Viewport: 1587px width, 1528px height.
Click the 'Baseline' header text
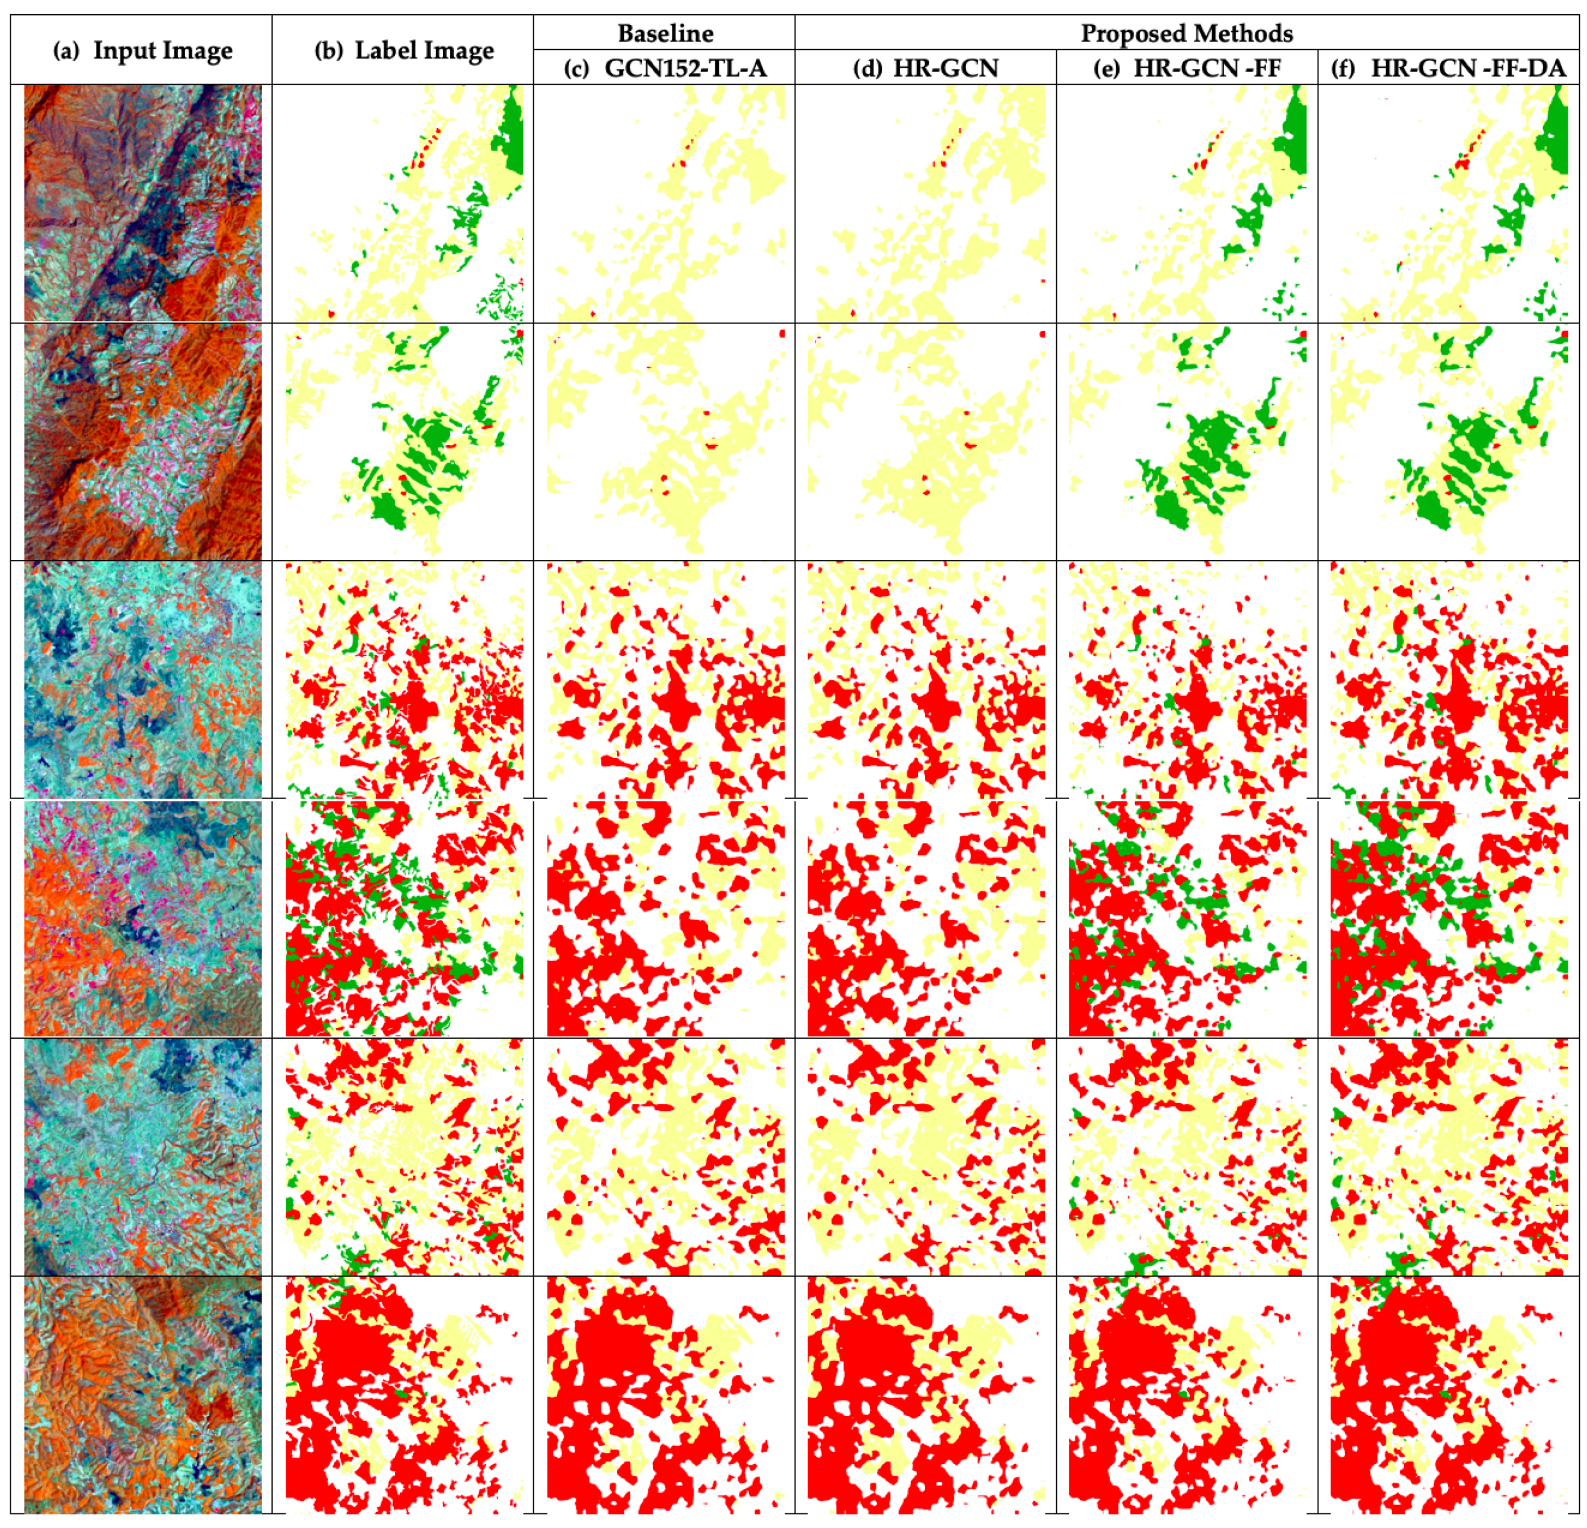665,33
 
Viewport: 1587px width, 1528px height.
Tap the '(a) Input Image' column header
142,50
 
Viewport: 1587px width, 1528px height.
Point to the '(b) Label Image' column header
404,50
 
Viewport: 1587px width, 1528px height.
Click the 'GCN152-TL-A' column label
684,68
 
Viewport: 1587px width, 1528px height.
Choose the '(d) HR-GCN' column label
926,68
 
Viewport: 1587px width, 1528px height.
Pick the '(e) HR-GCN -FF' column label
1187,68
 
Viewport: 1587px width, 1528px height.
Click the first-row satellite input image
142,203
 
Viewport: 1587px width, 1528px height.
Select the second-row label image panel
404,441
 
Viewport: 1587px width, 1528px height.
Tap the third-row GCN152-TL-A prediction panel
665,680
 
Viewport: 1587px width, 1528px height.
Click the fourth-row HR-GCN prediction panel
926,918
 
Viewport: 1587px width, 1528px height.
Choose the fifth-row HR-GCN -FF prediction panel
1187,1156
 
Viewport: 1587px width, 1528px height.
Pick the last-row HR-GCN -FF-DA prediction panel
1449,1395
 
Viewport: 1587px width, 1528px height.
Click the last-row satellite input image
142,1395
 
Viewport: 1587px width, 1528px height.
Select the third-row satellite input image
142,680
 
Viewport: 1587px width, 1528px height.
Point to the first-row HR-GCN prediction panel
926,203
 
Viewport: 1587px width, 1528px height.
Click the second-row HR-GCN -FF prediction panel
1187,441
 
